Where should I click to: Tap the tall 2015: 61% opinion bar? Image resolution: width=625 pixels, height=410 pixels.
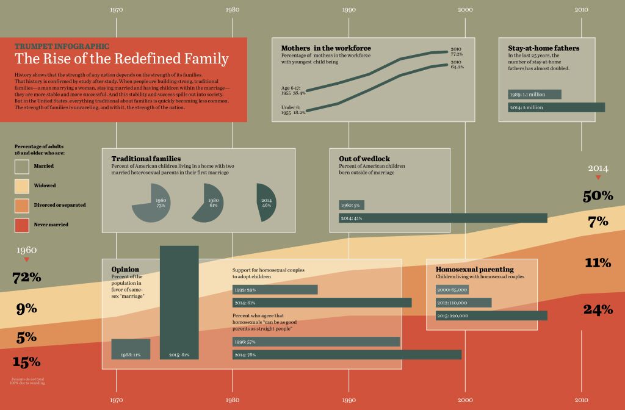coord(179,302)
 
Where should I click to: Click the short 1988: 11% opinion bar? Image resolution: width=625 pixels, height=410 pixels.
coord(131,349)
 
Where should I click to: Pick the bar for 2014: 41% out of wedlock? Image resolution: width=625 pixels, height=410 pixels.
coord(443,218)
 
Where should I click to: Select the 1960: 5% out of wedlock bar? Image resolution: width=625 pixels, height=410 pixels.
coord(352,205)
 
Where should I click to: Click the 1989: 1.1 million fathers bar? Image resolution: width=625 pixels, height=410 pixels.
coord(535,95)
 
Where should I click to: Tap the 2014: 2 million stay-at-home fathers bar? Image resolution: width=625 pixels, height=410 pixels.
coord(556,107)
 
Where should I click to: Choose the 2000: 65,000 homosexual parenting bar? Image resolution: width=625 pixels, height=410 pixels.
coord(452,290)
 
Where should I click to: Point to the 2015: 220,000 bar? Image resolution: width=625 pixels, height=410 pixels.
coord(491,315)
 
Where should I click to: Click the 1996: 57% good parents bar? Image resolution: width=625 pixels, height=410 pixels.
coord(316,342)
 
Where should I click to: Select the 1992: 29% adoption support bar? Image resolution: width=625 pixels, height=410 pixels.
coord(275,289)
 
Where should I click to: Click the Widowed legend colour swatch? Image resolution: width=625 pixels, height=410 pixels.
coord(22,186)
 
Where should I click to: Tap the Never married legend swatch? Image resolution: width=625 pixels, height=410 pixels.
coord(22,225)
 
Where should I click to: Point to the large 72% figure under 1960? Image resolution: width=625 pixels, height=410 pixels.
coord(27,278)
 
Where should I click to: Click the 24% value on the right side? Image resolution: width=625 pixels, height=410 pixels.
coord(598,310)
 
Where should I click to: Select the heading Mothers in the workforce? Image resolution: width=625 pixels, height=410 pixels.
coord(325,48)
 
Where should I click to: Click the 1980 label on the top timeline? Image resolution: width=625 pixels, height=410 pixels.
coord(232,10)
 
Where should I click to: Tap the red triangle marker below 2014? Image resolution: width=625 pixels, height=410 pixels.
coord(598,178)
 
